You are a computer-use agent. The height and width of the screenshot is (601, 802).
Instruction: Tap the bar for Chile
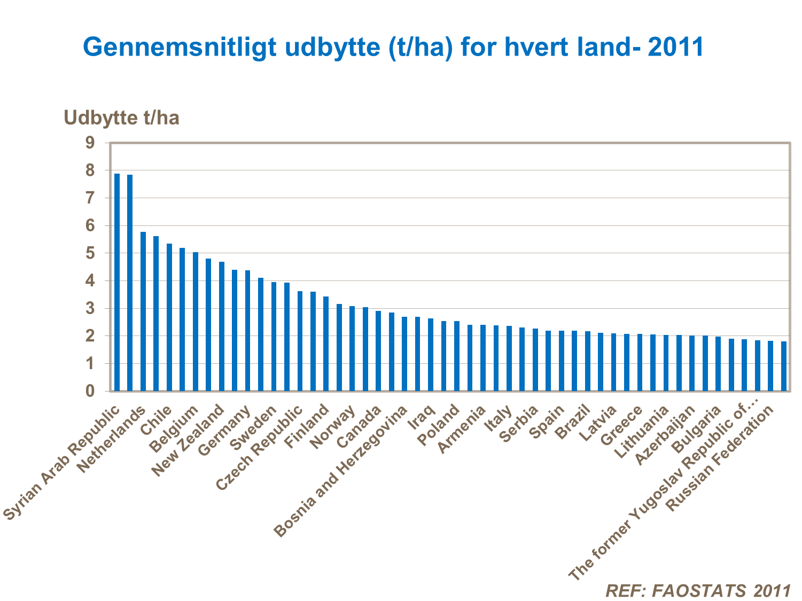tap(169, 317)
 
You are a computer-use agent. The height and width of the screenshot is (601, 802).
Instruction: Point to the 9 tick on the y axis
tap(89, 143)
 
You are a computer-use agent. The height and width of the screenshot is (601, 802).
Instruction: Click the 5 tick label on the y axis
tap(89, 253)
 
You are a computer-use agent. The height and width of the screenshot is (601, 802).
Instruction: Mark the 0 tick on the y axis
tap(89, 391)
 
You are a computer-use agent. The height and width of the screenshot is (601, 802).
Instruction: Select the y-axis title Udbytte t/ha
tap(121, 118)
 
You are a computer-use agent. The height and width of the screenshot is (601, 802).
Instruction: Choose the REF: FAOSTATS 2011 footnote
tap(698, 590)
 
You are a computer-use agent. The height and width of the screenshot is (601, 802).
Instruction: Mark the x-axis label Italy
tap(498, 419)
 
